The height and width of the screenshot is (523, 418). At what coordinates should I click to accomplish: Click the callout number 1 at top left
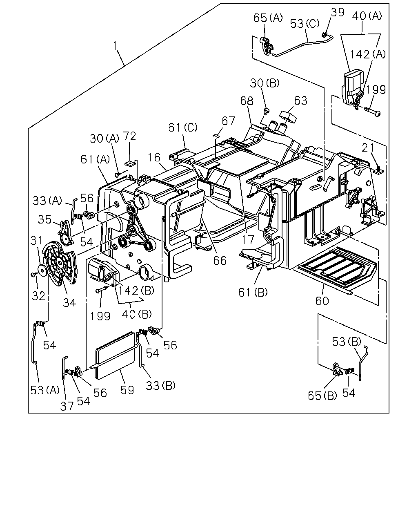click(115, 46)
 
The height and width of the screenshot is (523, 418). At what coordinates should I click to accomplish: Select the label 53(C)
click(305, 24)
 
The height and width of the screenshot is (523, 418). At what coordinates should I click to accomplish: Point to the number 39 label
click(337, 12)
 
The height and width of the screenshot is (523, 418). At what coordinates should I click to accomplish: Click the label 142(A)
click(367, 54)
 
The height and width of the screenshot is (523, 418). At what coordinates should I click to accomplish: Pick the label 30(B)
click(265, 83)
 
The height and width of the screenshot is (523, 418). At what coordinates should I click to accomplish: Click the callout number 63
click(301, 101)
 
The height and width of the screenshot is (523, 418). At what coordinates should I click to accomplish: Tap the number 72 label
click(129, 136)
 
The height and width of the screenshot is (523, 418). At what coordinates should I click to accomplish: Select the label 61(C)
click(183, 127)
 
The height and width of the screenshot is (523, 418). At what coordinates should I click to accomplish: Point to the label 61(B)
click(253, 293)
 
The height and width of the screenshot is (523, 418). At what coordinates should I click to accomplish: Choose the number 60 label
click(322, 301)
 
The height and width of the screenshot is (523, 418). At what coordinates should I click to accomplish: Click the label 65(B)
click(322, 396)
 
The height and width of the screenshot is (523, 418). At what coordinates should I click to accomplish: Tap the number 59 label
click(127, 390)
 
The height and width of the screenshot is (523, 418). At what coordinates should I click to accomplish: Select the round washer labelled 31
click(43, 270)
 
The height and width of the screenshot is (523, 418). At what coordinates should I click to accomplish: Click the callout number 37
click(67, 406)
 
